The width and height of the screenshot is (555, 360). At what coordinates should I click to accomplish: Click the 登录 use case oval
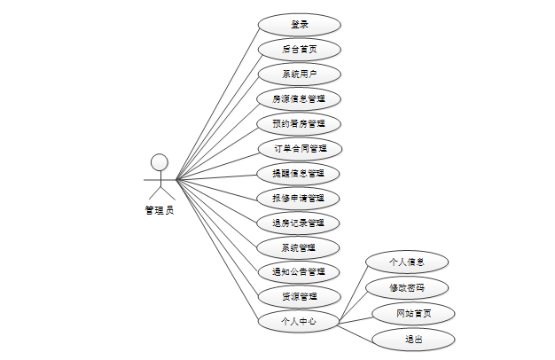299,25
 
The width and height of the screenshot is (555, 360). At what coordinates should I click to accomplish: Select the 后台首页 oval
299,50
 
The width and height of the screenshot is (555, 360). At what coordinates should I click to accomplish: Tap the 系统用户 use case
299,74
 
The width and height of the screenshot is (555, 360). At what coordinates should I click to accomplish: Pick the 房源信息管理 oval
299,98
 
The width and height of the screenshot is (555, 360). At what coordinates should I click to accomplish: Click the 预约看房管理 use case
299,123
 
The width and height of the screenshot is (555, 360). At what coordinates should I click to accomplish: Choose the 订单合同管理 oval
299,148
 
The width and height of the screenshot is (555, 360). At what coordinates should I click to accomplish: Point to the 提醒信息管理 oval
299,173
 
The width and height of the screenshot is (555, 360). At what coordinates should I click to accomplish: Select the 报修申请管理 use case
299,198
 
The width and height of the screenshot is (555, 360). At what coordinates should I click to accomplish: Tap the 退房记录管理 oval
299,223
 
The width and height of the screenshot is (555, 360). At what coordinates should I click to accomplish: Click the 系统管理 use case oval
299,247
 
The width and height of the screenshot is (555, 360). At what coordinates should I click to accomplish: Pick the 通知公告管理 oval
299,271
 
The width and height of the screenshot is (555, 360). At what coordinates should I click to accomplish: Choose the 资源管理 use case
299,296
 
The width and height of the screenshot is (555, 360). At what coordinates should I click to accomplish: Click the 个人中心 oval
299,321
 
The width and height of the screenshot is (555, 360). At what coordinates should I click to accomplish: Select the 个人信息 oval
407,262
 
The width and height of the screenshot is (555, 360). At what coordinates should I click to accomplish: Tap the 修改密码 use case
407,288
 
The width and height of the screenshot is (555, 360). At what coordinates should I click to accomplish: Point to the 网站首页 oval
413,314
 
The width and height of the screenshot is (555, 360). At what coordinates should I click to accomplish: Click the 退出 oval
413,339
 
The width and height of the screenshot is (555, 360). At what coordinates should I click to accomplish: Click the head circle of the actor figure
160,161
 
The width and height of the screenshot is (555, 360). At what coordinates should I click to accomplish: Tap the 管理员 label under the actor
160,211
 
